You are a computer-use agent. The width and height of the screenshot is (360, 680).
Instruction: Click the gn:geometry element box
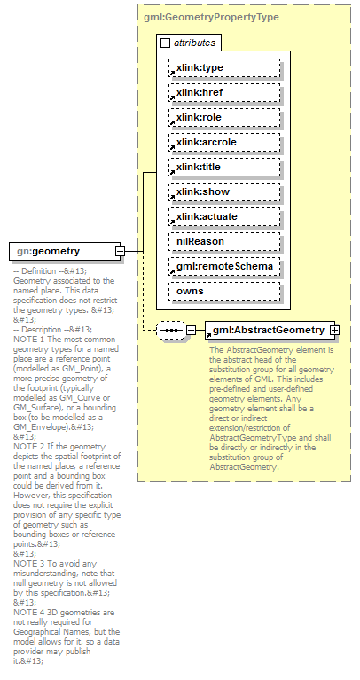click(60, 252)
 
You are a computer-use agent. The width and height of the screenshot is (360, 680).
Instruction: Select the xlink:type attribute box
click(224, 67)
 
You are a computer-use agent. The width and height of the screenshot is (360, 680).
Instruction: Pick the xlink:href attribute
click(224, 92)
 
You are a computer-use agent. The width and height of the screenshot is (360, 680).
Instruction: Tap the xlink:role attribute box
click(224, 117)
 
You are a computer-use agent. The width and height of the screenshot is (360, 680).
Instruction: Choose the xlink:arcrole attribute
click(224, 142)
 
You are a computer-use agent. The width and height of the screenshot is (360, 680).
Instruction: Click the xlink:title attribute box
click(224, 167)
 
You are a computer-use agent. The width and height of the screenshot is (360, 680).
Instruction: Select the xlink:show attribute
click(224, 191)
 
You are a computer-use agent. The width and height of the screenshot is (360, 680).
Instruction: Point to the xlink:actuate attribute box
click(224, 216)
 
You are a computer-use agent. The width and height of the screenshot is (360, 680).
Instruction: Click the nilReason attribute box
click(224, 241)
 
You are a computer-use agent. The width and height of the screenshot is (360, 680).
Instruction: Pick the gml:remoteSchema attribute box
click(224, 266)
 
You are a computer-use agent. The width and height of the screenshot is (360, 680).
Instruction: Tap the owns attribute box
click(224, 291)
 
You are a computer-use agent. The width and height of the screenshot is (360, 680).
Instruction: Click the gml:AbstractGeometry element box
click(267, 331)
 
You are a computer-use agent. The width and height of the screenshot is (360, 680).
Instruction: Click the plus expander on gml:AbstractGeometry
click(335, 331)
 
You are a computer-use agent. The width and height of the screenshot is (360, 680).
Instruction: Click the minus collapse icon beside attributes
click(165, 43)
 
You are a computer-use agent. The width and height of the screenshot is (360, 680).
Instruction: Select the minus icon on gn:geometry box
click(119, 252)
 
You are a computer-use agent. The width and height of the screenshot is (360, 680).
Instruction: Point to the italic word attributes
click(193, 43)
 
